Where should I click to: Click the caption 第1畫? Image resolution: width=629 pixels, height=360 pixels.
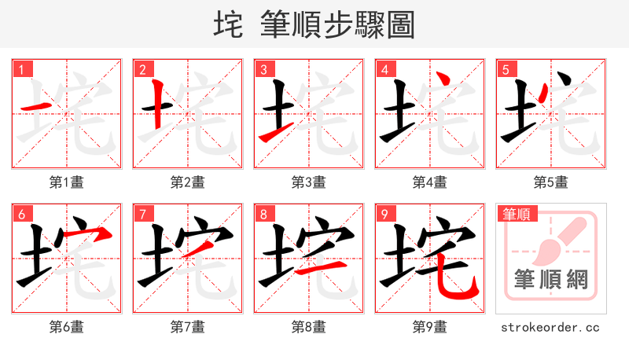pos(67,182)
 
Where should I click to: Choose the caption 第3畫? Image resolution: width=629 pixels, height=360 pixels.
pos(309,182)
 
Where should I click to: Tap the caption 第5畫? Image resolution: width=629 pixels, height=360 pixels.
pos(551,182)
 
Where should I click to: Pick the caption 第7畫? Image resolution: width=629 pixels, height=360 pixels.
pos(188,326)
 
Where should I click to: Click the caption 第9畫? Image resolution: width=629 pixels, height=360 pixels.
pos(430,326)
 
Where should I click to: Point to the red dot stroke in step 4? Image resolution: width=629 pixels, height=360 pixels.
pos(444,79)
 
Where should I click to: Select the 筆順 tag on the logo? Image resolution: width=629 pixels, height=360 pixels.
pos(514,214)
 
